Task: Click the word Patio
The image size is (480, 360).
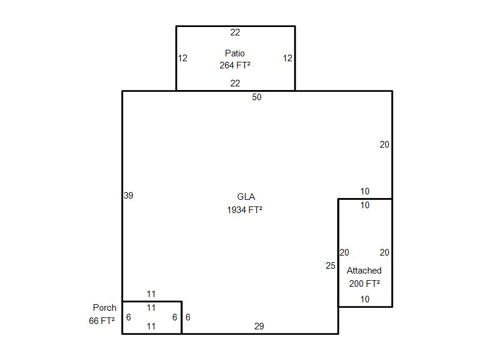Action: tap(235, 53)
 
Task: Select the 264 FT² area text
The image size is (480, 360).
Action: tap(235, 65)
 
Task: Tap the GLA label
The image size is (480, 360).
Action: tap(246, 197)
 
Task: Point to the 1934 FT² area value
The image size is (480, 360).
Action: tap(245, 210)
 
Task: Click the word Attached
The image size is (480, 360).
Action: tap(364, 271)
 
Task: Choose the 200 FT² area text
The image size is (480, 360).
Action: tap(364, 284)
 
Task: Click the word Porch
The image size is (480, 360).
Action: tap(104, 308)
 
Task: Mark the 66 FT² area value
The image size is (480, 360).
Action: tap(101, 321)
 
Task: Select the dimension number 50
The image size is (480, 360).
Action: tap(257, 97)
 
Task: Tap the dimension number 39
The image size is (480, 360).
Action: tap(128, 196)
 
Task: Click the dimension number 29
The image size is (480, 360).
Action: tap(259, 326)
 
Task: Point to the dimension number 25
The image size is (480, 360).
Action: tap(331, 266)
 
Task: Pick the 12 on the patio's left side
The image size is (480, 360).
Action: tap(182, 58)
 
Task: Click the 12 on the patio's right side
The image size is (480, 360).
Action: tap(287, 58)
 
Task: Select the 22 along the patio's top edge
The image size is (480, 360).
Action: tap(235, 32)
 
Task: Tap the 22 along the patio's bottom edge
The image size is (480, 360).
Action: tap(235, 83)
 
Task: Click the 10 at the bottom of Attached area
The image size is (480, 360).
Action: tap(365, 299)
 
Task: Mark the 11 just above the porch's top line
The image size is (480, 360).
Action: tap(151, 294)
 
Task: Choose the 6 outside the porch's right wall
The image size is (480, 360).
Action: tap(188, 317)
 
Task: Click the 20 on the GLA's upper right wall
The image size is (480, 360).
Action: tap(385, 145)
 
